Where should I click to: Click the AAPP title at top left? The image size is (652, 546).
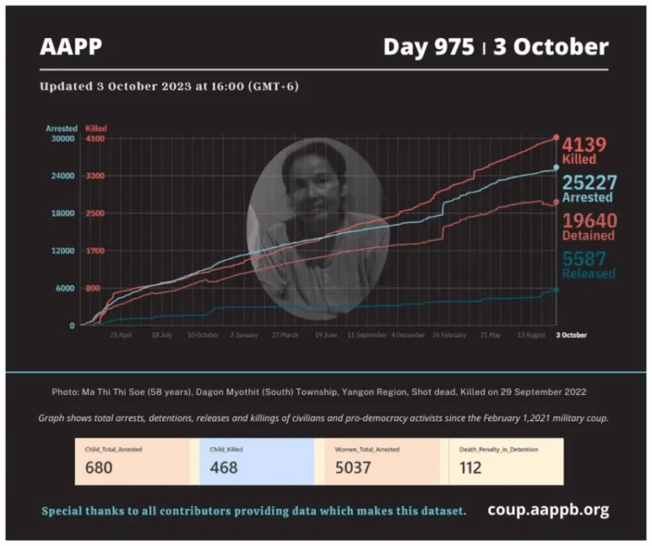click(70, 46)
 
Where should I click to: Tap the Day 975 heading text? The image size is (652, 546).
click(428, 46)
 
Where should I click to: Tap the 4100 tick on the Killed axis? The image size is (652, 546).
click(95, 138)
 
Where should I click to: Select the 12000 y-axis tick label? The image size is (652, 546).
click(65, 250)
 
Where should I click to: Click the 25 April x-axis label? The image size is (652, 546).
click(121, 335)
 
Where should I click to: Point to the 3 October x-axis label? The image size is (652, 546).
click(570, 335)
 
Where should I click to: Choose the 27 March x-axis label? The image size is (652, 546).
click(284, 335)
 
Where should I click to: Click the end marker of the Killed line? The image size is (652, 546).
click(556, 137)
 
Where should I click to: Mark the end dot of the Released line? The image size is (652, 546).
click(556, 290)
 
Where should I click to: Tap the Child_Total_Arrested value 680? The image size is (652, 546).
click(100, 467)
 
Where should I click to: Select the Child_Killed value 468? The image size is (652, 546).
click(224, 467)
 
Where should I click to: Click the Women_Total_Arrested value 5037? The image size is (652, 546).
click(344, 467)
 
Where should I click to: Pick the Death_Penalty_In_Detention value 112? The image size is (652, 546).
click(470, 467)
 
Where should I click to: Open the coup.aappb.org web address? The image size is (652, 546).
click(548, 510)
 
